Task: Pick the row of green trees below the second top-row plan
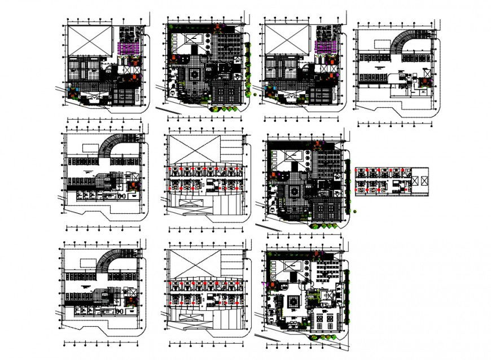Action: (x=226, y=108)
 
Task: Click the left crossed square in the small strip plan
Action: (x=415, y=180)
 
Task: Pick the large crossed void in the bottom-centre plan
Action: (x=192, y=262)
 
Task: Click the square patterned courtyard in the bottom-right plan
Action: (x=293, y=302)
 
